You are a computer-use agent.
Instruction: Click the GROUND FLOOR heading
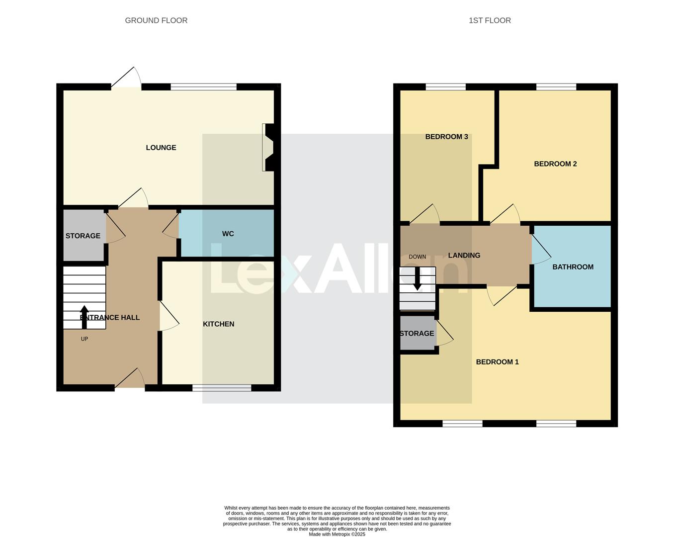(x=156, y=20)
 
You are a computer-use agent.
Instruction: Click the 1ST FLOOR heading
(x=490, y=20)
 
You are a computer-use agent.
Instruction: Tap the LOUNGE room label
(x=161, y=148)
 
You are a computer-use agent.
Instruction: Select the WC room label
(x=228, y=234)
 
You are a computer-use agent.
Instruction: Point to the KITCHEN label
(x=218, y=324)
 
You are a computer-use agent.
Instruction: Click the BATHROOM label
(x=573, y=267)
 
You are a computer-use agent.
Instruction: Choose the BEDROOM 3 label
(x=446, y=137)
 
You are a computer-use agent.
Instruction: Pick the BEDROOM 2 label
(x=555, y=164)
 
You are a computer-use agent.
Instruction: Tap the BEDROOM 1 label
(x=497, y=362)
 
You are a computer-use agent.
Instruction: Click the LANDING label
(x=464, y=256)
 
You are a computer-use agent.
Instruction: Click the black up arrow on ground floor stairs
(x=84, y=317)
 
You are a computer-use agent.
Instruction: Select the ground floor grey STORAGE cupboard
(x=83, y=236)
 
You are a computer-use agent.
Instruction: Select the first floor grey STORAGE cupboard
(x=417, y=334)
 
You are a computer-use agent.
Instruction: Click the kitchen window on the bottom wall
(x=222, y=388)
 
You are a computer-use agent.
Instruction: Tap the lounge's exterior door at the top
(x=127, y=80)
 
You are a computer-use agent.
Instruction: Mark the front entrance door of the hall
(x=130, y=380)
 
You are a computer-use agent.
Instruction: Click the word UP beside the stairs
(x=84, y=339)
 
